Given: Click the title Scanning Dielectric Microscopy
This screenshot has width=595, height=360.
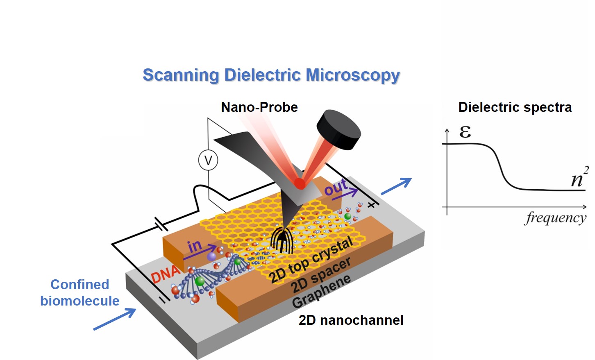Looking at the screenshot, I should pos(271,75).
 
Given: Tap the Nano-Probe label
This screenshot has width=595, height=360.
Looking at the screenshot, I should pos(259,107).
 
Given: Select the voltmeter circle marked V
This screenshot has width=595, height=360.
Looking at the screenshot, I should pos(208,160).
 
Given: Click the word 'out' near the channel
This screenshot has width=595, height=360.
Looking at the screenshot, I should pos(336,188).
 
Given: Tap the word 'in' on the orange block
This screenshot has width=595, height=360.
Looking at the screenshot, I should pos(195,246).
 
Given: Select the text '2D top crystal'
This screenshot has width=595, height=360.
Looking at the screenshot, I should pos(311,260).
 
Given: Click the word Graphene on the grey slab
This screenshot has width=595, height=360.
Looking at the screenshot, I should pos(322,291).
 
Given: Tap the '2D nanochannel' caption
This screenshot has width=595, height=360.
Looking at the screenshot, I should pos(351,320).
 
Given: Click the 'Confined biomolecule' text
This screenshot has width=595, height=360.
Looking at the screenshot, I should pos(80,292).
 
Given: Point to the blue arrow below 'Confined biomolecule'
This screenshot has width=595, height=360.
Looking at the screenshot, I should pos(114,319).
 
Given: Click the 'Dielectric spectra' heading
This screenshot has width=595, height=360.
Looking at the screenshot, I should pos(515,107).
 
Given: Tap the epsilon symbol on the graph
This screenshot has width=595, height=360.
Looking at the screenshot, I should pos(465,132).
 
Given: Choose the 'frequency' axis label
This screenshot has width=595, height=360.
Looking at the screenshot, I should pos(556,217).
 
